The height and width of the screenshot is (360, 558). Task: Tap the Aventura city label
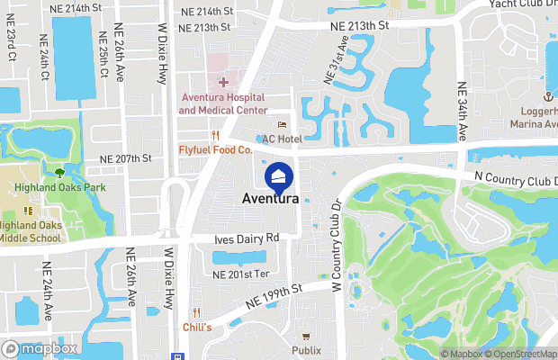271,199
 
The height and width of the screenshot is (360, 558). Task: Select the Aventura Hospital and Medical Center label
223,103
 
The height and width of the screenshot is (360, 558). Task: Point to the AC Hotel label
281,139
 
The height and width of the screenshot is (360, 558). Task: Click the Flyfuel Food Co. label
215,149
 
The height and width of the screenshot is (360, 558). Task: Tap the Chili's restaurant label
196,327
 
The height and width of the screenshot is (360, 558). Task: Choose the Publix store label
306,349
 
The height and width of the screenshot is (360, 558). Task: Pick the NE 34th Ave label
463,112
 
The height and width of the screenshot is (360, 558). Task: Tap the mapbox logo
40,348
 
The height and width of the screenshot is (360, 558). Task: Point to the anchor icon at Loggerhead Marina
545,95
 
